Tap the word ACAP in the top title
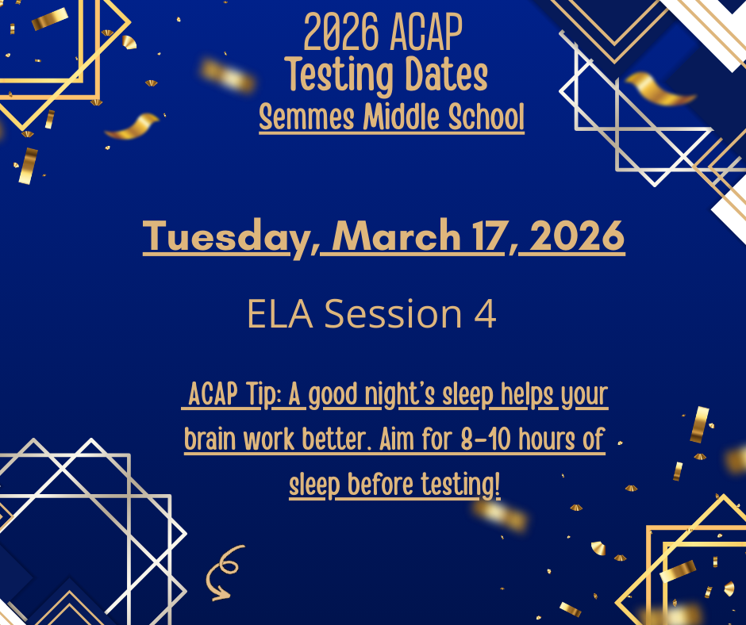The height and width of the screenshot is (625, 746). pos(426,33)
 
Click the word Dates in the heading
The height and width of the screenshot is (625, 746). pos(445,75)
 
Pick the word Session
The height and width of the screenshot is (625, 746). pos(394,314)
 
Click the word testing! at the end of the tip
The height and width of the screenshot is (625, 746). pos(466,485)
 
